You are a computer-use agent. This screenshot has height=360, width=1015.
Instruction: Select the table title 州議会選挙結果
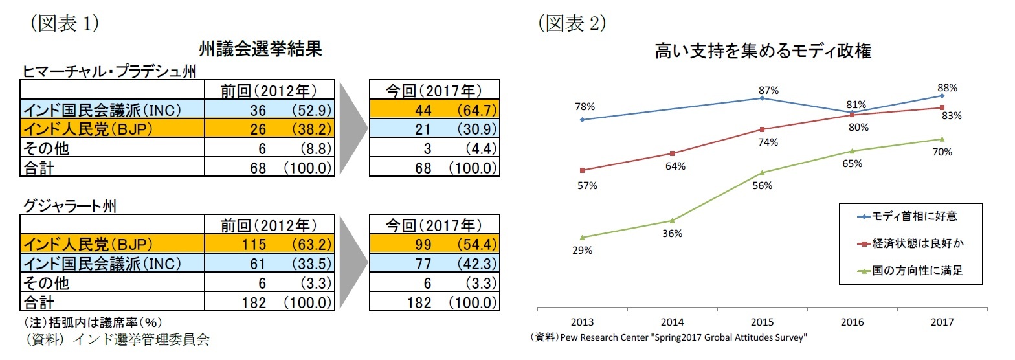click(x=261, y=49)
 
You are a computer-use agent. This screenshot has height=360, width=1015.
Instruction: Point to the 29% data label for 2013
click(x=582, y=251)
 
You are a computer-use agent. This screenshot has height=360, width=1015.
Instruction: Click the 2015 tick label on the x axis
click(x=762, y=322)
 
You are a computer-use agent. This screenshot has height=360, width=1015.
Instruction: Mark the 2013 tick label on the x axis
click(x=582, y=322)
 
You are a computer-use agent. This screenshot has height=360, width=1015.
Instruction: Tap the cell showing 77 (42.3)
click(x=434, y=264)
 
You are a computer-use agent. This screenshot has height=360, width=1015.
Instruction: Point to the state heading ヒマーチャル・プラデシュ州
click(x=109, y=71)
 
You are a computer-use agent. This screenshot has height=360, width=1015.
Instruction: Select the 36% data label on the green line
click(x=672, y=234)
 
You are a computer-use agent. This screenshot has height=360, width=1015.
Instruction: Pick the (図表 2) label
click(x=572, y=23)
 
